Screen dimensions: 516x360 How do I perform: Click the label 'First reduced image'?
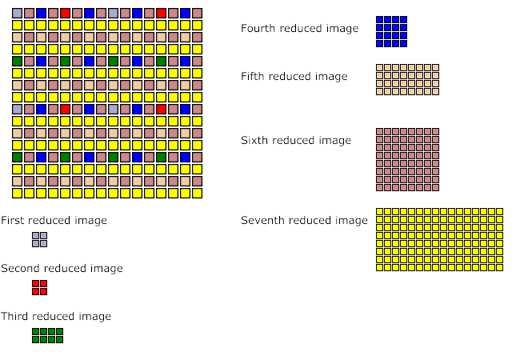pyautogui.click(x=54, y=220)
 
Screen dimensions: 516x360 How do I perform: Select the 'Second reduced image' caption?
pyautogui.click(x=62, y=268)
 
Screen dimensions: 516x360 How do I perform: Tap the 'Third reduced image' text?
pyautogui.click(x=56, y=316)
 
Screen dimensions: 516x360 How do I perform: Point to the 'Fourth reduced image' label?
pyautogui.click(x=299, y=28)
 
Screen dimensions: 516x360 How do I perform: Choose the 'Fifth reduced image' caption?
pyautogui.click(x=294, y=76)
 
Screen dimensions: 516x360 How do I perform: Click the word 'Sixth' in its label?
pyautogui.click(x=255, y=140)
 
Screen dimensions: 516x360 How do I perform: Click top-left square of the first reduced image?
pyautogui.click(x=36, y=236)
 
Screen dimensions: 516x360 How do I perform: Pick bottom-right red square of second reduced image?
pyautogui.click(x=43, y=291)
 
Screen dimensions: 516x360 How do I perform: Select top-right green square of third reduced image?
pyautogui.click(x=59, y=332)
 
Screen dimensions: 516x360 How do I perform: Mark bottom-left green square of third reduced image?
pyautogui.click(x=36, y=339)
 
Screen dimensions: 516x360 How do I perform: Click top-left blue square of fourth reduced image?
pyautogui.click(x=380, y=20)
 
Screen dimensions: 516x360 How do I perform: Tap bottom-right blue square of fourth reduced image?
pyautogui.click(x=403, y=43)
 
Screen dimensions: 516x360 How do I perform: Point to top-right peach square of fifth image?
pyautogui.click(x=435, y=68)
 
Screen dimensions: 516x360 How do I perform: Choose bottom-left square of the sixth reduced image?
pyautogui.click(x=380, y=187)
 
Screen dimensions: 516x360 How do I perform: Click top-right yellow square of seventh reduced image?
pyautogui.click(x=499, y=212)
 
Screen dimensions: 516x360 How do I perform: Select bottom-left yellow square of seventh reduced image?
pyautogui.click(x=380, y=267)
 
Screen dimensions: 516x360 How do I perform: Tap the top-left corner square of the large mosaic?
pyautogui.click(x=17, y=14)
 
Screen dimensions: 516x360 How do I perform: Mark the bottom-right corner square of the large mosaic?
pyautogui.click(x=197, y=193)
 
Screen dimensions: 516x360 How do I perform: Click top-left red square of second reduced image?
pyautogui.click(x=36, y=284)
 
